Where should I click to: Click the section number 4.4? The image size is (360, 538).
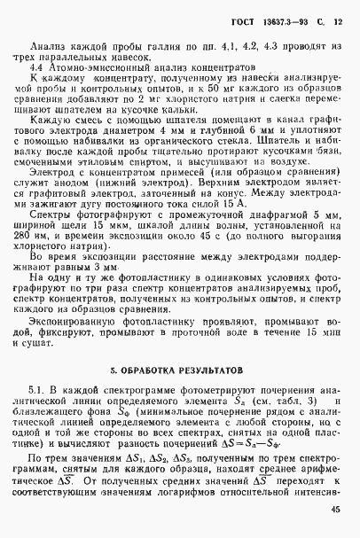coord(39,67)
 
